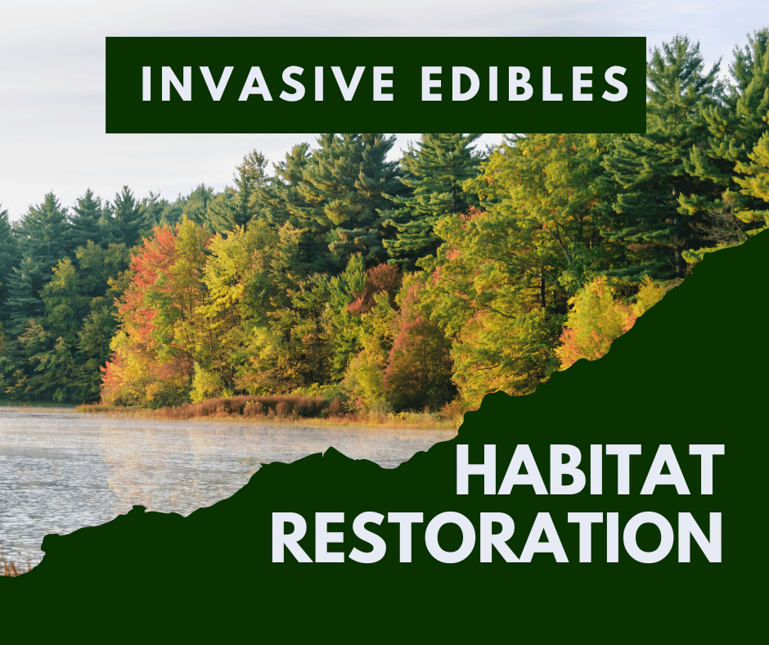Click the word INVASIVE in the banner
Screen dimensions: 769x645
coord(268,83)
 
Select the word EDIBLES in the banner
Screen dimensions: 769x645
coord(525,83)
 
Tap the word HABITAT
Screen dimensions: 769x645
coord(590,470)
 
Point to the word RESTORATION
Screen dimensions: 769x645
coord(497,537)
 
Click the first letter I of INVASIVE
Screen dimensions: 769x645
coord(145,83)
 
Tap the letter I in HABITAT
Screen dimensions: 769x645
coord(603,470)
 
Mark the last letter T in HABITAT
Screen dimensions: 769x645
coord(704,470)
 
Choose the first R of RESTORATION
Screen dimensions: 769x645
coord(292,537)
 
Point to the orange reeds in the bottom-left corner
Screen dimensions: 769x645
coord(12,566)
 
